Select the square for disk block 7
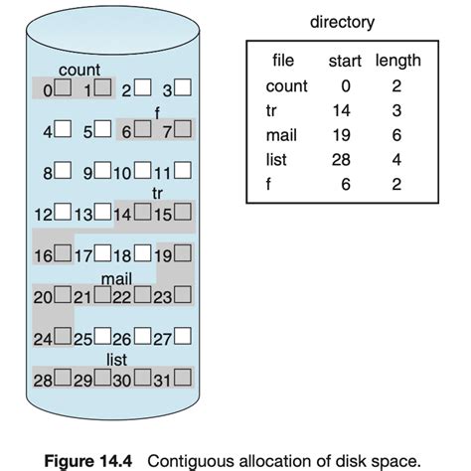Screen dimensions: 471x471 [x=183, y=128]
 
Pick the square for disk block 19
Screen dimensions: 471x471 [x=183, y=253]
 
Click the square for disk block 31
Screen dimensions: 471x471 [x=183, y=378]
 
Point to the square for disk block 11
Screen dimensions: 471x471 [x=183, y=171]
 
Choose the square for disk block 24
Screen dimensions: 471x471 [x=62, y=336]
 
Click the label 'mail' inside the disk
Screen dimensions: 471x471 [x=117, y=277]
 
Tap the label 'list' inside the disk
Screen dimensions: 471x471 [x=116, y=360]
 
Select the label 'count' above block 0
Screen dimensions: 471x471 [x=78, y=71]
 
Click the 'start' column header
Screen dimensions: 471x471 [x=345, y=63]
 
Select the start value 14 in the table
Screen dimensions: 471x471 [x=343, y=110]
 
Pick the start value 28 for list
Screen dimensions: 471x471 [x=343, y=158]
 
